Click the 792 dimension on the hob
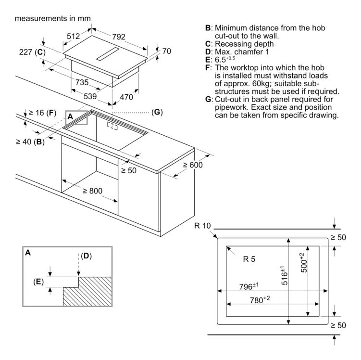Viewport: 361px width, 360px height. pos(119,37)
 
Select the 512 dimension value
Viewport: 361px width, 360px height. pos(73,36)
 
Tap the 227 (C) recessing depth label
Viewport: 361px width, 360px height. pos(32,52)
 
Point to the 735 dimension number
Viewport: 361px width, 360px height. pos(82,82)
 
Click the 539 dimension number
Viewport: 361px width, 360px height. pos(90,96)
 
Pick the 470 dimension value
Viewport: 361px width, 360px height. pos(126,97)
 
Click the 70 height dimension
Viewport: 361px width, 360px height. pos(167,51)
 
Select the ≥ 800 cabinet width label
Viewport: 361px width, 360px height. pos(93,191)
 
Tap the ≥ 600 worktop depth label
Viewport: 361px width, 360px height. pos(193,165)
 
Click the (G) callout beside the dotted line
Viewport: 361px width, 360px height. pos(157,112)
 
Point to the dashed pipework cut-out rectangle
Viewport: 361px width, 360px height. pos(112,126)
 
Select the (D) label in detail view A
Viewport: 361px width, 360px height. pos(87,256)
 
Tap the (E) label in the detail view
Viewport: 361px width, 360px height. pos(38,282)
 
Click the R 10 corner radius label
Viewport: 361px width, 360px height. pos(202,226)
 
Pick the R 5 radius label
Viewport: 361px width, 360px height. pos(249,259)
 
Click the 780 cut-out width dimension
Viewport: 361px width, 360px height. pos(260,300)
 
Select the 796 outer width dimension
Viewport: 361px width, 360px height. pos(249,286)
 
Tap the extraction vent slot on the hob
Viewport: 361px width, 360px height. pos(108,54)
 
